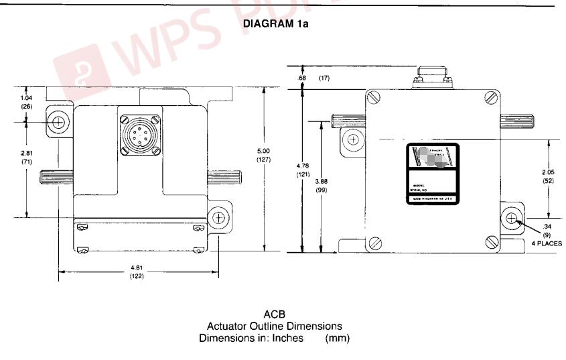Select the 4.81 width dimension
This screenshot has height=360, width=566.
138,269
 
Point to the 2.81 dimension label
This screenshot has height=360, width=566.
27,153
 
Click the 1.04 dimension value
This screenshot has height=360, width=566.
27,98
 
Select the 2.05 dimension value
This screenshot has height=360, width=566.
548,173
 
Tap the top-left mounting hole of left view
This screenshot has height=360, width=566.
60,122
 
